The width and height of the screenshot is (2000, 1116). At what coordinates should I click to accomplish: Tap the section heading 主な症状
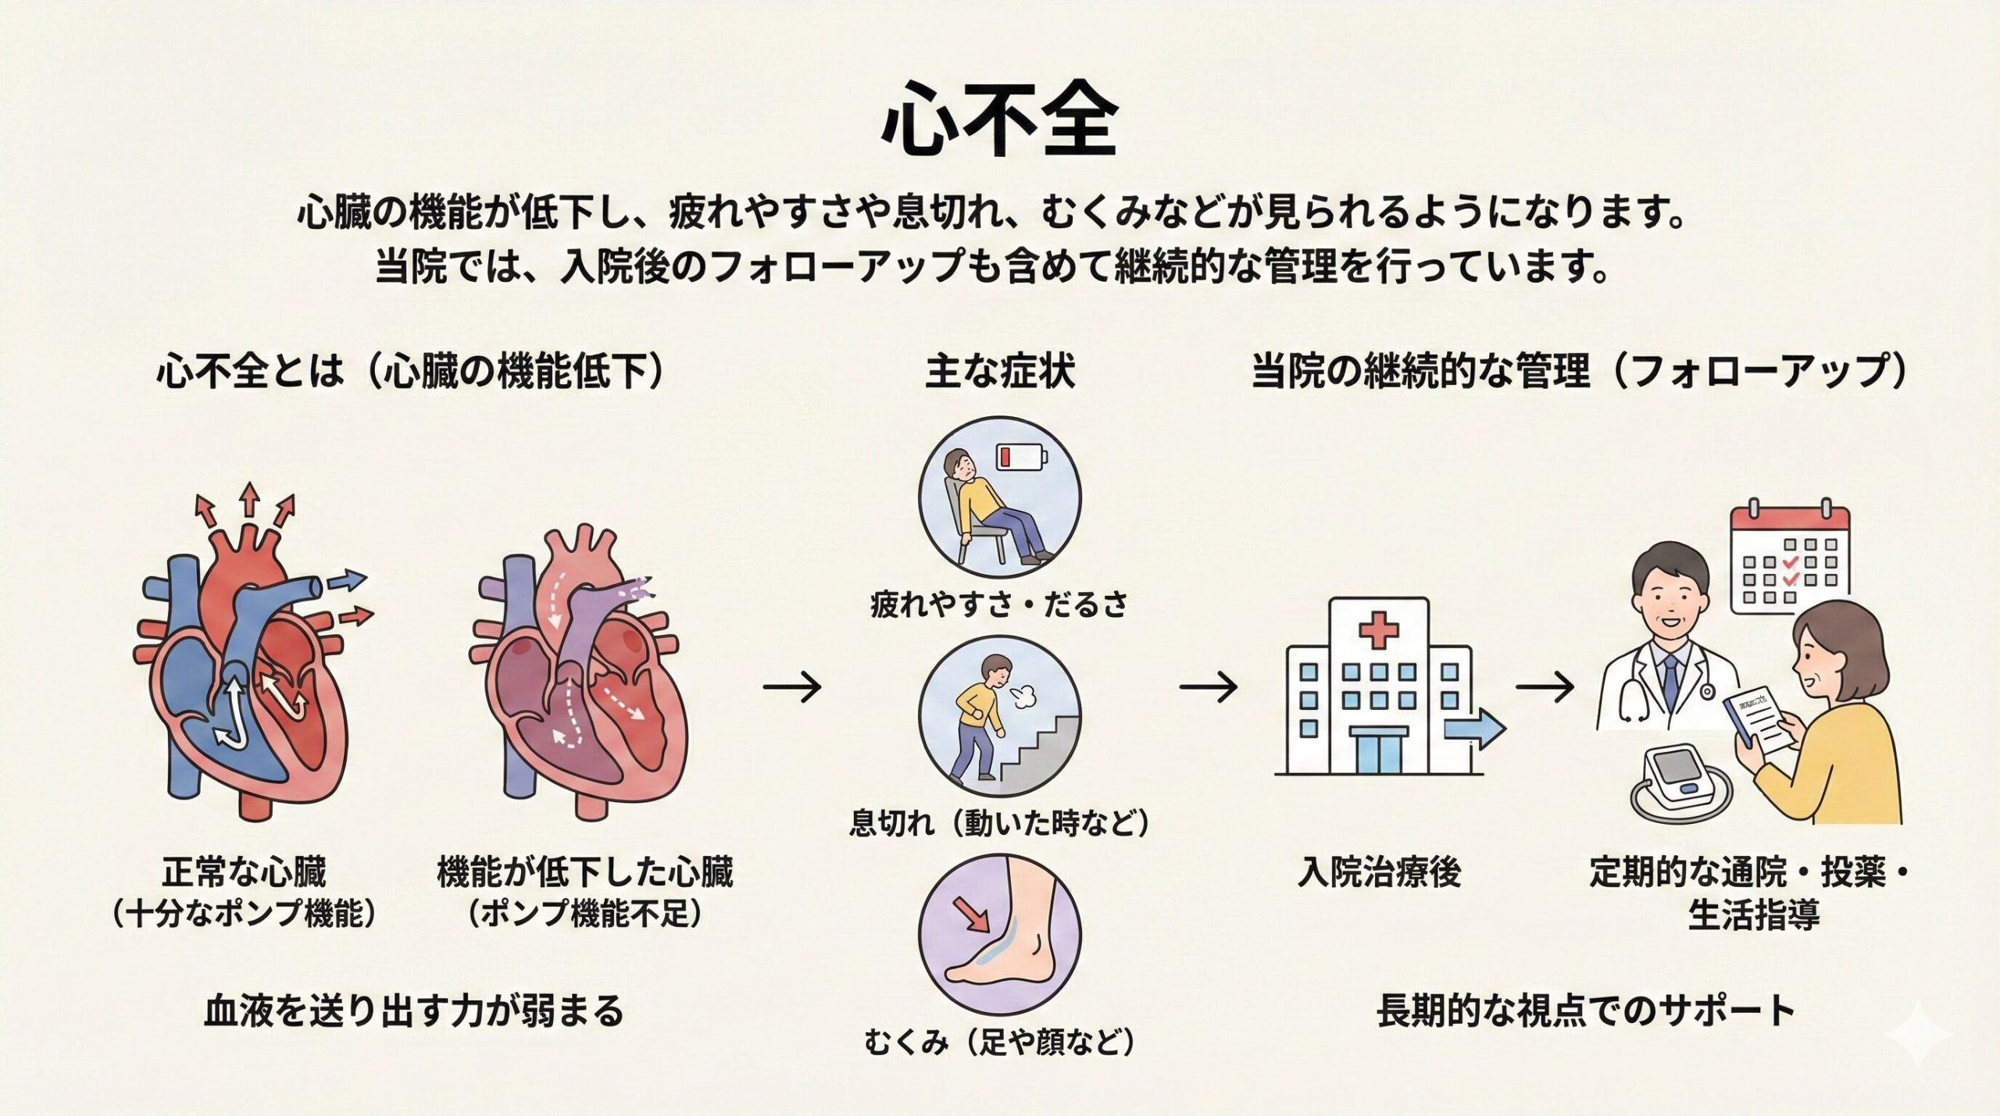(999, 371)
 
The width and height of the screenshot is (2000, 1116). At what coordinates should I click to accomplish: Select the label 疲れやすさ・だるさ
(999, 604)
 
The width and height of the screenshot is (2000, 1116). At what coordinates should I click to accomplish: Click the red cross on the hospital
(1378, 629)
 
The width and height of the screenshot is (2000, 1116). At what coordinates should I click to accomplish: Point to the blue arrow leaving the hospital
(1473, 729)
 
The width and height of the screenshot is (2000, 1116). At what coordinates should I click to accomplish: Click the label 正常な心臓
(244, 872)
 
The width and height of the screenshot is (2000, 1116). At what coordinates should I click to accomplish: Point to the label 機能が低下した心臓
(584, 872)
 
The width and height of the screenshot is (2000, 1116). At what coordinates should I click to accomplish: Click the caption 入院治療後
(1379, 872)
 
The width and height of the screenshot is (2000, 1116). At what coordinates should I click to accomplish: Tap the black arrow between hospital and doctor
(1545, 687)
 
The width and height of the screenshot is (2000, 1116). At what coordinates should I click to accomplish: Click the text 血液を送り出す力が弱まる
(414, 1011)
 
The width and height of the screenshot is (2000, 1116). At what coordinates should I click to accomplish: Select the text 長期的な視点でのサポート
(1586, 1011)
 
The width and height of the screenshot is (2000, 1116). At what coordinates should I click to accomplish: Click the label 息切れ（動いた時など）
(999, 824)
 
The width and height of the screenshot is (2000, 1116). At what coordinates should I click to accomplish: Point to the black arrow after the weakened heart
(792, 687)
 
